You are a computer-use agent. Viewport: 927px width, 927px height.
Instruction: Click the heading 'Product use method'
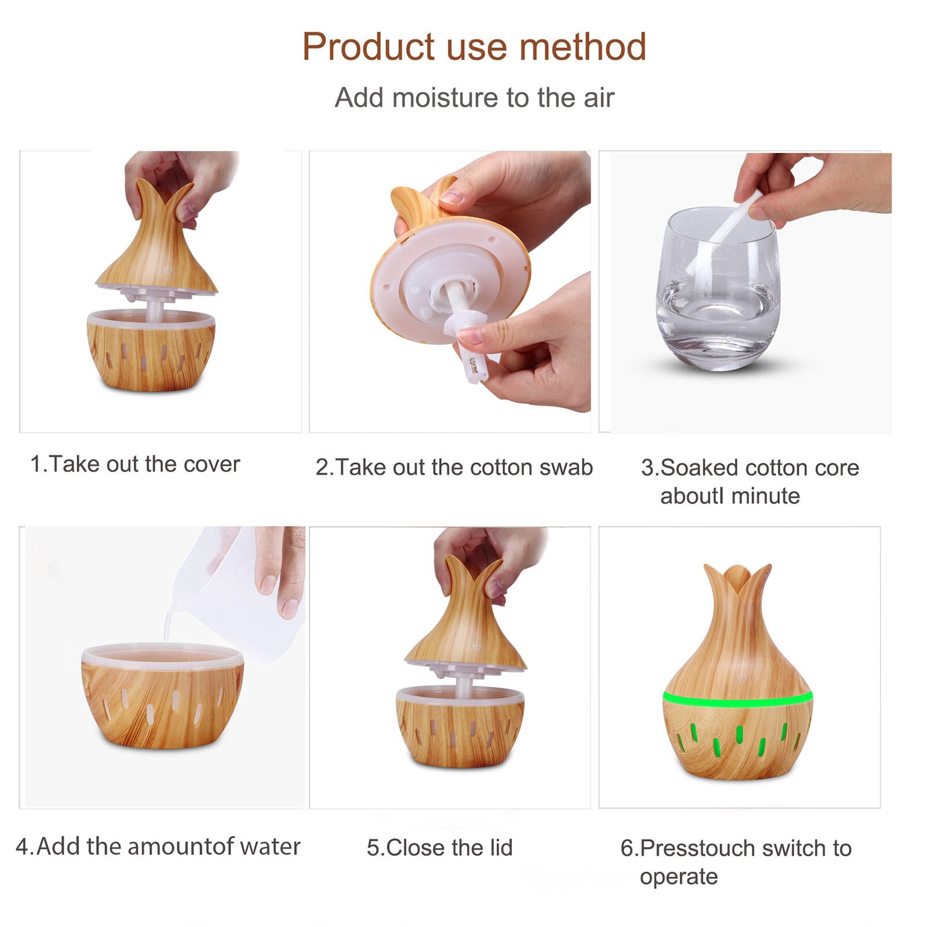474,46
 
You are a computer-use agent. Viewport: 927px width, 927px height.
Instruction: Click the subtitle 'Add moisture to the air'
474,97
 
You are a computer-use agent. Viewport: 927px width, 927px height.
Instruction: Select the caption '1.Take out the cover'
135,464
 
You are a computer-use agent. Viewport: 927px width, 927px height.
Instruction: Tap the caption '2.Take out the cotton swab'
454,467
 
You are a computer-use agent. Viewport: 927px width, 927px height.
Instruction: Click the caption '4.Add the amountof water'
158,846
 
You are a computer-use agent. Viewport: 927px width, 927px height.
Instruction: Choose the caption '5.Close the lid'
440,848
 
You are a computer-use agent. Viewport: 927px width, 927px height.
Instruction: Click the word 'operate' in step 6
678,877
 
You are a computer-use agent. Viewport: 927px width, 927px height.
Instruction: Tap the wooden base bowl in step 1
151,353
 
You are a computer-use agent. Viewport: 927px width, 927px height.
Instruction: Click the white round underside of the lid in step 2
440,278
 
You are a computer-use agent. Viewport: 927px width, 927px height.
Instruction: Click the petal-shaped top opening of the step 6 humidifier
737,579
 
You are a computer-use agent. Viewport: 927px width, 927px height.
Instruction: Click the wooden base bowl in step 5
460,730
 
